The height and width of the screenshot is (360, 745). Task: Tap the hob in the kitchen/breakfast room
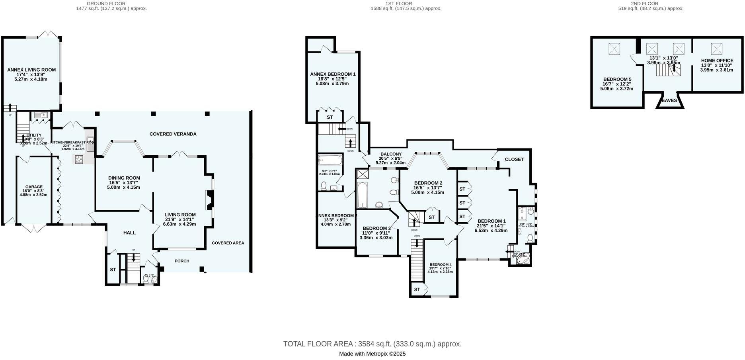click(79, 159)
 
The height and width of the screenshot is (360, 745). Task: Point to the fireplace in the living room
click(209, 200)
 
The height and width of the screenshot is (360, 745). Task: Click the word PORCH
click(182, 261)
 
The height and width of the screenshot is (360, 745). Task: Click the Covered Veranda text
click(173, 134)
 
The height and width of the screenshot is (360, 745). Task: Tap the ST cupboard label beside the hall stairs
click(113, 270)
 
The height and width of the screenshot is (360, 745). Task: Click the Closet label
click(514, 159)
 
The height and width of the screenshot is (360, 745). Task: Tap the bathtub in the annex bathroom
click(330, 161)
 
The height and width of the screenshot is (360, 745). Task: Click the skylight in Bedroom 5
click(615, 49)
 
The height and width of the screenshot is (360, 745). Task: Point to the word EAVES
click(669, 101)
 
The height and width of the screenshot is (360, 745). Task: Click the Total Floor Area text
click(372, 344)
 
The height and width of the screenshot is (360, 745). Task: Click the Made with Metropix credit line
click(372, 354)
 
